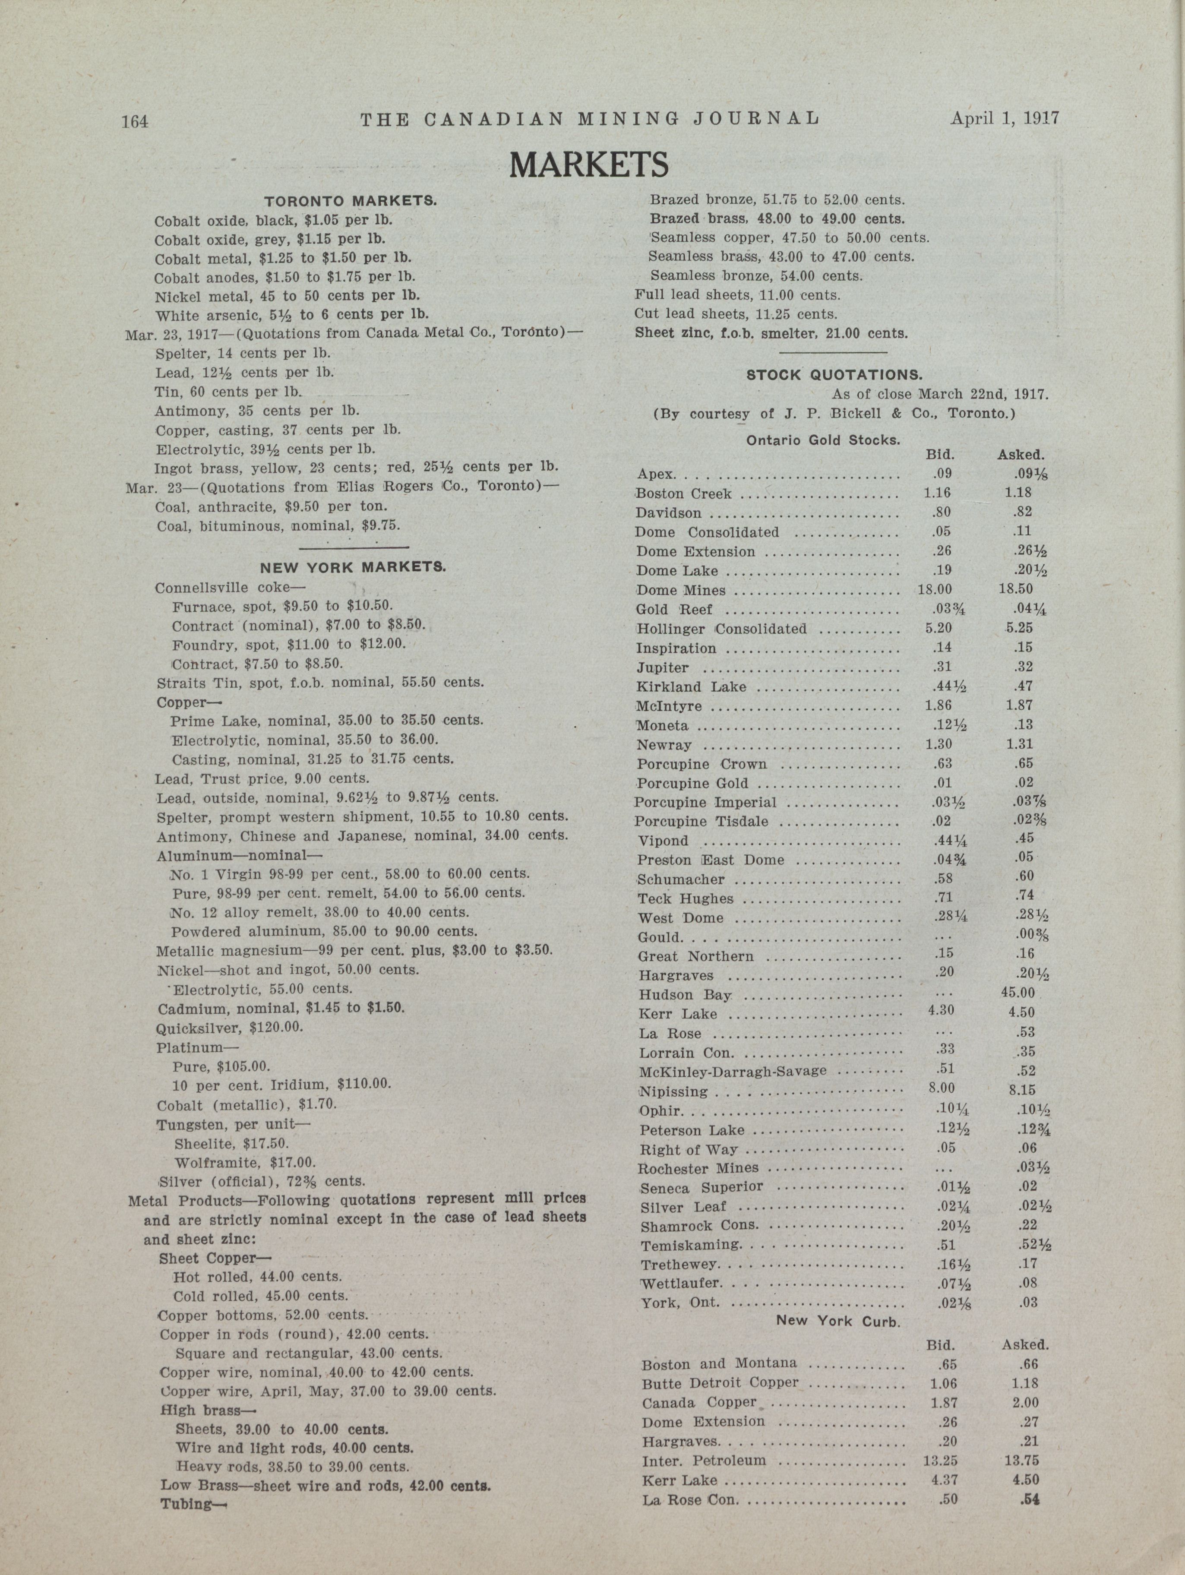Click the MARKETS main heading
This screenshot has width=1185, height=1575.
[589, 165]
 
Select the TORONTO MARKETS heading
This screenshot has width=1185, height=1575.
[351, 202]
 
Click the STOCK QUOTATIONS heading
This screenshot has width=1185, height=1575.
[834, 374]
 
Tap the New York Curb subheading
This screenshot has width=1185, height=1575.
[838, 1321]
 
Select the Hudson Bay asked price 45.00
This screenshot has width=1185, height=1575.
[1018, 993]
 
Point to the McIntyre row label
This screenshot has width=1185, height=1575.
[670, 706]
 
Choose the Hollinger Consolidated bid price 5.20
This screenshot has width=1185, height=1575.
[939, 628]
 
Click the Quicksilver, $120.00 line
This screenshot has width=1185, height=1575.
[230, 1028]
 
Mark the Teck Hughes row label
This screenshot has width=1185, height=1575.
[685, 898]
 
